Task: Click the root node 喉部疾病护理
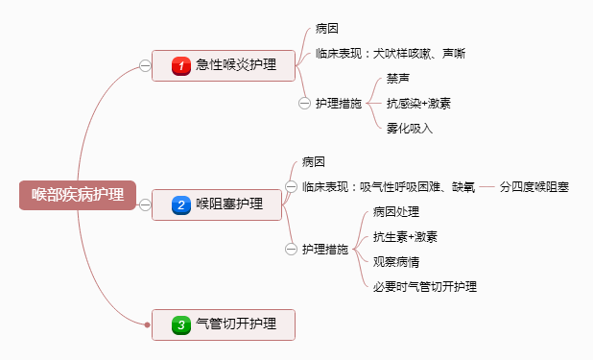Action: (x=78, y=195)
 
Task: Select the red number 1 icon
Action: (x=180, y=66)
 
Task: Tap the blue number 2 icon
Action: (x=180, y=204)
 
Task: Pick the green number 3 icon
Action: (x=180, y=325)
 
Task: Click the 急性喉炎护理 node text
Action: (x=235, y=66)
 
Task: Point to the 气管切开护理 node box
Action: (x=223, y=325)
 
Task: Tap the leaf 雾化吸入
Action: (x=410, y=128)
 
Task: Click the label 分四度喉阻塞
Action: (x=534, y=186)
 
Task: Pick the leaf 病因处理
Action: (x=396, y=211)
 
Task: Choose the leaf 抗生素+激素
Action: (x=405, y=236)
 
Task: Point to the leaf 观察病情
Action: (x=396, y=261)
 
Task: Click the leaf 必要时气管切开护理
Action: (x=425, y=286)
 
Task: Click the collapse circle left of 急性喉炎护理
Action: (x=145, y=66)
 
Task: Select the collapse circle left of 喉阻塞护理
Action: (x=145, y=204)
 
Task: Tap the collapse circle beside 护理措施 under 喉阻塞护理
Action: (x=292, y=249)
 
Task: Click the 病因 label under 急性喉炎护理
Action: (x=326, y=29)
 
